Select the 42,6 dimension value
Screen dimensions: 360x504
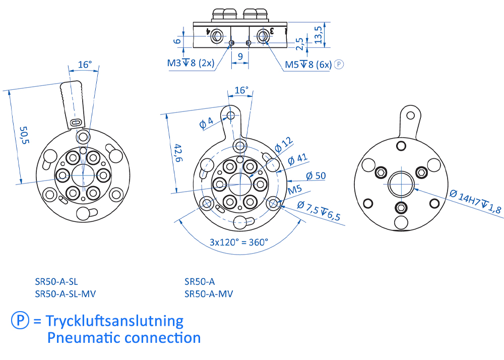click(177, 153)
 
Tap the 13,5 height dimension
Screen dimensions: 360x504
click(318, 34)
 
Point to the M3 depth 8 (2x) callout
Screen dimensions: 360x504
click(191, 64)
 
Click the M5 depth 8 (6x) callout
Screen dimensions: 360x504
click(308, 64)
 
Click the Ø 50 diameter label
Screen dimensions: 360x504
click(316, 176)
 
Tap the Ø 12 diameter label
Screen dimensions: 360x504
click(284, 145)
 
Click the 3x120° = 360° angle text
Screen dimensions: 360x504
click(239, 242)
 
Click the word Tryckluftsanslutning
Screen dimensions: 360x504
click(114, 321)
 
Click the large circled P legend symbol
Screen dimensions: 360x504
click(20, 320)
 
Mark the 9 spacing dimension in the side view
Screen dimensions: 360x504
click(240, 56)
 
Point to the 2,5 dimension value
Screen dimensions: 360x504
click(301, 44)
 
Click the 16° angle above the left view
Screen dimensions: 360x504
click(85, 65)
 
